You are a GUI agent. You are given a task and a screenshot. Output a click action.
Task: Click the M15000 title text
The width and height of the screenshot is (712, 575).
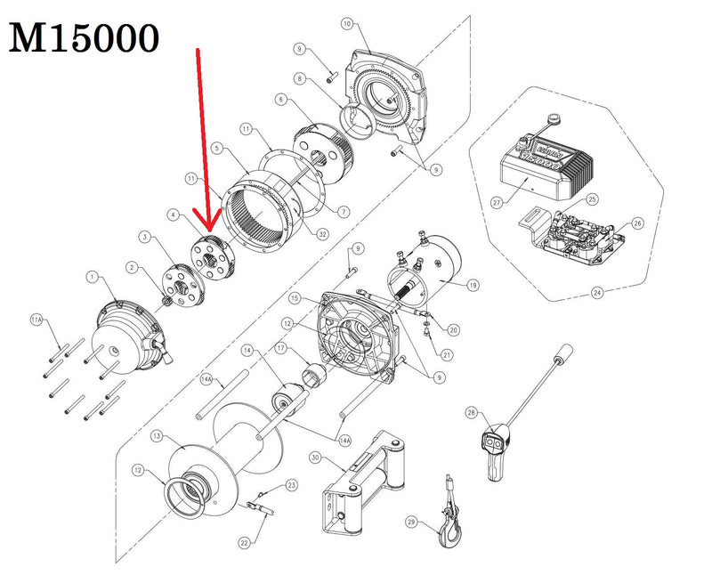point(85,37)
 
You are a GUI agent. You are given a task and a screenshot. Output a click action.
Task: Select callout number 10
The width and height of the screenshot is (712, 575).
point(347,23)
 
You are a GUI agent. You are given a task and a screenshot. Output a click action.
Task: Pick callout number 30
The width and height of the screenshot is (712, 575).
point(315,458)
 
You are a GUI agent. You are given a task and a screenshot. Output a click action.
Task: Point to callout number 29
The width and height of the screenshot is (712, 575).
point(410,521)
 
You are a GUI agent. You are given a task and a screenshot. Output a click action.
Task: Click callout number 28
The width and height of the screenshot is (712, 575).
point(471,411)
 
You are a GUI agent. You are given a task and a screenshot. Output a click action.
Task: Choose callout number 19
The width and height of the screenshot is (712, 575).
point(473,287)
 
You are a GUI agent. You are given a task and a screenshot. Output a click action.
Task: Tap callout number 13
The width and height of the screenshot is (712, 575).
point(157,436)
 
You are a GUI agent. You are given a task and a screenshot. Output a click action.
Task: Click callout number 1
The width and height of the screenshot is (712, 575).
point(92,278)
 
